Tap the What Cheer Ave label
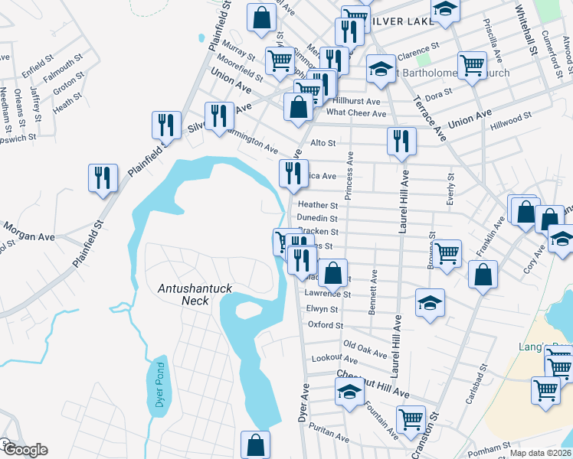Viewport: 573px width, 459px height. tap(356, 113)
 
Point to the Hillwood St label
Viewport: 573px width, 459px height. tap(511, 118)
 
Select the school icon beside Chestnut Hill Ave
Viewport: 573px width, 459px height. tap(349, 392)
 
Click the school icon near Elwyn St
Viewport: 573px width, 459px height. tap(431, 302)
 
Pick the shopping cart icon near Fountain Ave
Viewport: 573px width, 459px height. tap(411, 419)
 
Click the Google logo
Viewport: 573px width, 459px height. tap(25, 450)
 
